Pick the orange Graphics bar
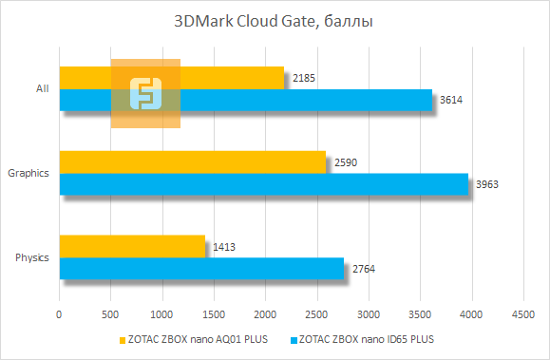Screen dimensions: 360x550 192,161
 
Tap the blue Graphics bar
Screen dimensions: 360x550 264,184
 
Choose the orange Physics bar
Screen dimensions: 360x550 132,246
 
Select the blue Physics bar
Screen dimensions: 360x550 201,269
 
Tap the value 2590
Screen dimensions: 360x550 345,162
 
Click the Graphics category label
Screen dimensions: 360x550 28,174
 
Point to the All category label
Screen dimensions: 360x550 42,89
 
